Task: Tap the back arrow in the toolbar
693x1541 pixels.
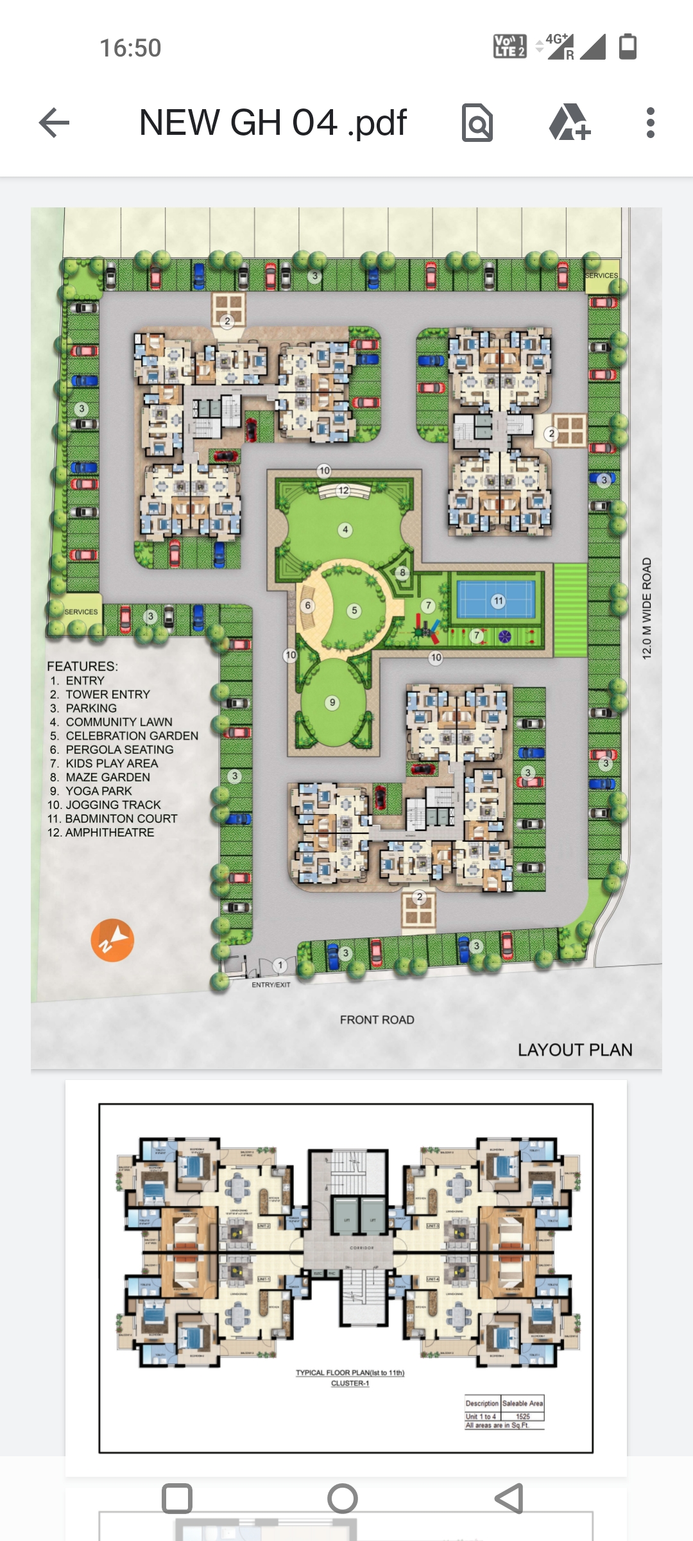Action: pos(54,123)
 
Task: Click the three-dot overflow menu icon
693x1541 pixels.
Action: pos(650,123)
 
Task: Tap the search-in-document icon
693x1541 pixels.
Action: pos(477,123)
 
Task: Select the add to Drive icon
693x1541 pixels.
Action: pos(569,123)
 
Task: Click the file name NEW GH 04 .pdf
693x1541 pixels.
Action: pos(273,123)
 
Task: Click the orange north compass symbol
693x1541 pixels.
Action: pos(112,941)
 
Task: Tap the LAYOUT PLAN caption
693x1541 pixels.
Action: pos(575,1050)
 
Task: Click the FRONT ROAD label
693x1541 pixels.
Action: pos(377,1020)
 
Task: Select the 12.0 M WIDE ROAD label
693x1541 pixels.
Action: pos(647,608)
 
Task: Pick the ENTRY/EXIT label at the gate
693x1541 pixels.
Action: pos(271,984)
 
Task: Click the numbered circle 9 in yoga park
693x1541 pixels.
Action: pos(332,702)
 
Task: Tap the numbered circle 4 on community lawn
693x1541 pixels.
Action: pos(345,530)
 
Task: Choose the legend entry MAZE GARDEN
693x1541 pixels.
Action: pos(107,777)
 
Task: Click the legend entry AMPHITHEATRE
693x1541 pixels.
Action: pos(109,832)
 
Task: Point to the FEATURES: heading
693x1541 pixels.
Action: pos(82,666)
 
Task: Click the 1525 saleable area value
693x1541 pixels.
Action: pos(523,1416)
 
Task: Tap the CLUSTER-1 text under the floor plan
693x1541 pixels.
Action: pos(350,1383)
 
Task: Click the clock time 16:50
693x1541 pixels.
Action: pos(130,48)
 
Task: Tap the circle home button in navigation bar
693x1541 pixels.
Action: pos(343,1499)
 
